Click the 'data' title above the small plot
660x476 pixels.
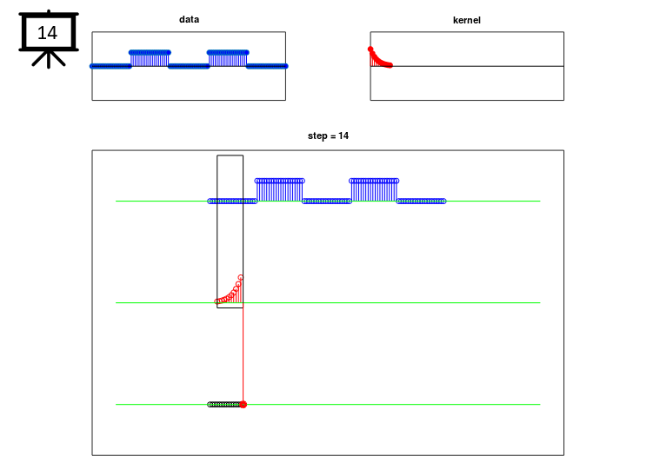[189, 19]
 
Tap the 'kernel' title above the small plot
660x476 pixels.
[466, 20]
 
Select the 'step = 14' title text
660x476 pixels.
[328, 136]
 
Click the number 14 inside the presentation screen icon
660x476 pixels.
[47, 33]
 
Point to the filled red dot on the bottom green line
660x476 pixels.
[243, 405]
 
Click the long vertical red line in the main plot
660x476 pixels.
[243, 354]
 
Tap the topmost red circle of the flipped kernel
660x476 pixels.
[240, 277]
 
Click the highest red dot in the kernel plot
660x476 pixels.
[370, 50]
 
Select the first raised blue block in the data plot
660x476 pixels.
[150, 59]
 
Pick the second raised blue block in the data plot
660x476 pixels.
[228, 59]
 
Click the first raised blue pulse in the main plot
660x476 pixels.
[279, 190]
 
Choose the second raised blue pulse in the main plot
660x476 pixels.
[374, 190]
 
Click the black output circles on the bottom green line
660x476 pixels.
[224, 405]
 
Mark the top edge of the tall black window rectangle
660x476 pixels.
[230, 155]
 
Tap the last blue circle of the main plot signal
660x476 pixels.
[443, 202]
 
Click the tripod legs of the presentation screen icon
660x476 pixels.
[49, 59]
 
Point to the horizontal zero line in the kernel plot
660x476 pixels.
[467, 66]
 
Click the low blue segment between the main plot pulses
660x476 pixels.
[327, 202]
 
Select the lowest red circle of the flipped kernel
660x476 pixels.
[217, 301]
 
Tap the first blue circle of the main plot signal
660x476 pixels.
[210, 202]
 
